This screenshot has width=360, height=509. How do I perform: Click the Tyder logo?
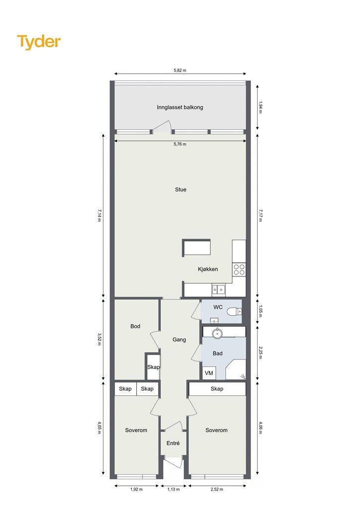pyautogui.click(x=39, y=42)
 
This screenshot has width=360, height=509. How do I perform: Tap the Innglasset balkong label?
pyautogui.click(x=180, y=107)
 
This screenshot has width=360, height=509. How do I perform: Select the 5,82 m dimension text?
pyautogui.click(x=180, y=70)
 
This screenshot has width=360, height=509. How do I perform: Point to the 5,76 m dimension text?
pyautogui.click(x=180, y=144)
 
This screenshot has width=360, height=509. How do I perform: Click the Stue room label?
pyautogui.click(x=180, y=189)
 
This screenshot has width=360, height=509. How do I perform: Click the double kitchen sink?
pyautogui.click(x=218, y=289)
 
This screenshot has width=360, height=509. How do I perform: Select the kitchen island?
pyautogui.click(x=196, y=248)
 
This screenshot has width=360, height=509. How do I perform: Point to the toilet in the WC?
pyautogui.click(x=234, y=312)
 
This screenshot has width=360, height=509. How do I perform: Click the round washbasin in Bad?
pyautogui.click(x=216, y=333)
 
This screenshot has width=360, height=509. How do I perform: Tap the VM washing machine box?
pyautogui.click(x=209, y=373)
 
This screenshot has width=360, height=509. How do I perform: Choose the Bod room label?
pyautogui.click(x=135, y=326)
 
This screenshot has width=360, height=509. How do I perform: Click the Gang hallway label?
pyautogui.click(x=179, y=339)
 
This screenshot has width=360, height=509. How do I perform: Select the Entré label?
pyautogui.click(x=173, y=443)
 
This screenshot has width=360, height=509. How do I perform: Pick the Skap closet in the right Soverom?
pyautogui.click(x=217, y=389)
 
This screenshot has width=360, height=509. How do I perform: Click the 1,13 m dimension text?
pyautogui.click(x=174, y=489)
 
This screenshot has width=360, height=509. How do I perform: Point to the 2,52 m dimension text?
pyautogui.click(x=217, y=489)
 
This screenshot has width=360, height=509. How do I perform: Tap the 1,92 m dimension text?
pyautogui.click(x=136, y=489)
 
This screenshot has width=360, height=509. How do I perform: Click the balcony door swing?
pyautogui.click(x=162, y=127)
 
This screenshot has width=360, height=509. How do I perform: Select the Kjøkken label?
pyautogui.click(x=208, y=269)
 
